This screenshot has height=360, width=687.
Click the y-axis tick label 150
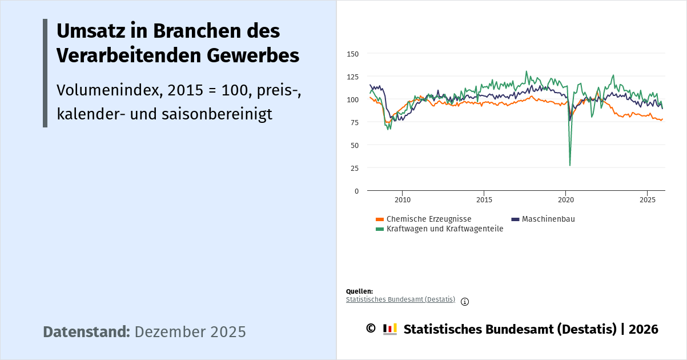(x=352, y=54)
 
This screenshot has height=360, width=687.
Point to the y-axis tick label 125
(x=352, y=77)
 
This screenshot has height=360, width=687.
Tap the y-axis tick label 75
(x=354, y=122)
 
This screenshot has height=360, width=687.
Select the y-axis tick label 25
(x=354, y=168)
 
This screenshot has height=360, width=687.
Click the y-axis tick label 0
(x=356, y=191)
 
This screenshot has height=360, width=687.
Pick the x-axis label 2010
(x=403, y=200)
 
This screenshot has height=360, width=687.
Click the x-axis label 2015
(x=484, y=200)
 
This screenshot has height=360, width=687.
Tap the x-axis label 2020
(x=565, y=200)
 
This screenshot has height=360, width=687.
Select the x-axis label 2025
(x=647, y=200)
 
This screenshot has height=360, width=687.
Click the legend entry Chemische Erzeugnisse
(x=428, y=219)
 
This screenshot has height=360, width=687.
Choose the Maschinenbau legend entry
(x=548, y=219)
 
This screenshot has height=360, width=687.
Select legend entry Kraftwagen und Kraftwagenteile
(x=444, y=229)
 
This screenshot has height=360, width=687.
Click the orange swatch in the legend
(x=380, y=219)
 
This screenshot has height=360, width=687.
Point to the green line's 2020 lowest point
(x=570, y=165)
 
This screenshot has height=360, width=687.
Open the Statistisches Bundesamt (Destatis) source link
(x=400, y=299)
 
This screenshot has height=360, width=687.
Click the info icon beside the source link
(x=465, y=302)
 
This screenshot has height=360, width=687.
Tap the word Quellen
(x=359, y=291)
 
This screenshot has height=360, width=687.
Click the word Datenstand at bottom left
(x=86, y=332)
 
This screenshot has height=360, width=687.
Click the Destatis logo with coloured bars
(x=389, y=329)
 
